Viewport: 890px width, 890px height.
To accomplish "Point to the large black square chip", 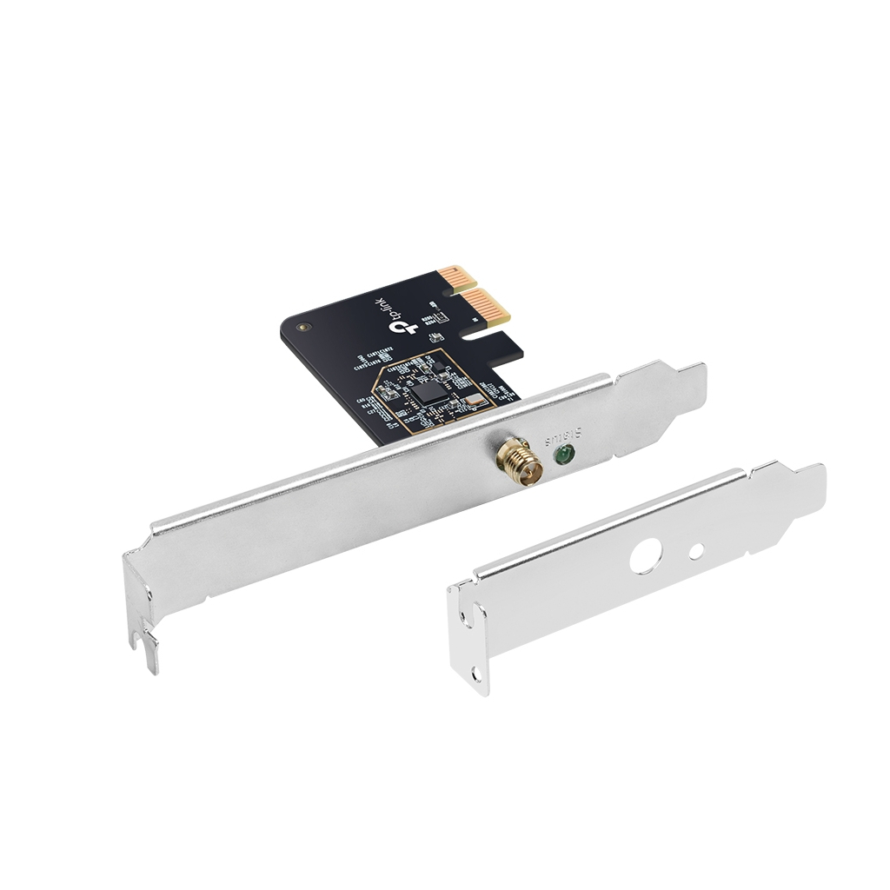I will point(428,390).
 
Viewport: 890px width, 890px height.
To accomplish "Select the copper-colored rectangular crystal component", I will point(471,400).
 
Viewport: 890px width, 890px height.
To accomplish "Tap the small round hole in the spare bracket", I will point(697,551).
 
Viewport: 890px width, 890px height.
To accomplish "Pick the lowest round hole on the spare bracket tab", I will point(475,672).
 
